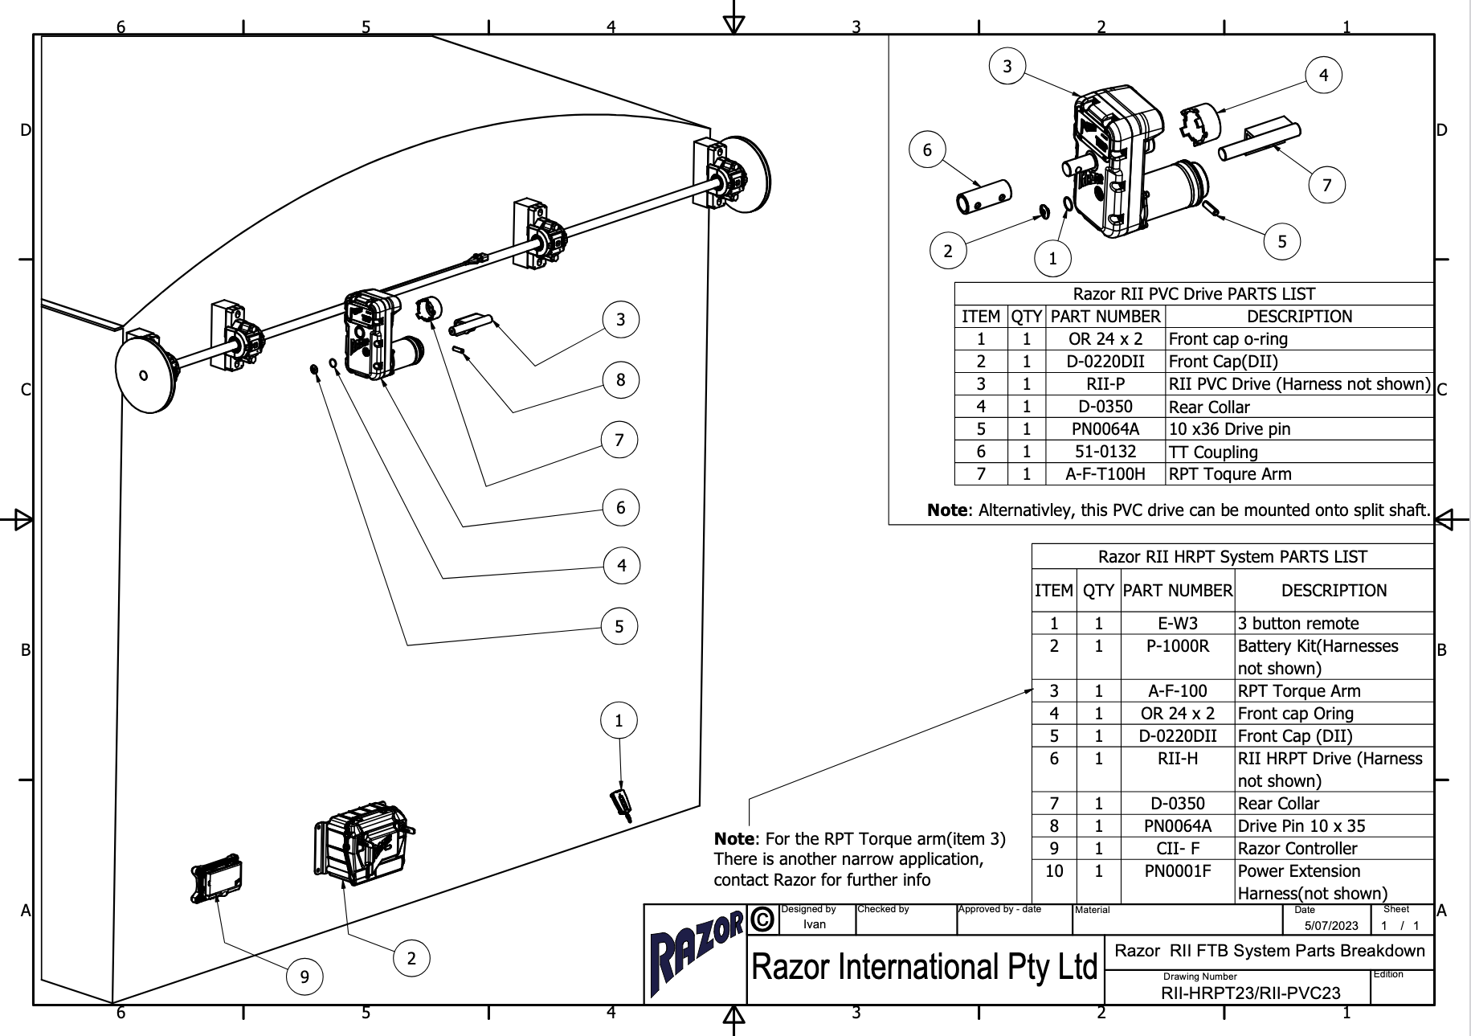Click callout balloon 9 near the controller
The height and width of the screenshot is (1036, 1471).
pyautogui.click(x=304, y=977)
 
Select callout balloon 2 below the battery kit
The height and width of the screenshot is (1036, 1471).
pyautogui.click(x=411, y=957)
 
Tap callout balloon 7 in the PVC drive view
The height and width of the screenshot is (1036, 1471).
pyautogui.click(x=1326, y=185)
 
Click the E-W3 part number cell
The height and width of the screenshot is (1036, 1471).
pyautogui.click(x=1177, y=623)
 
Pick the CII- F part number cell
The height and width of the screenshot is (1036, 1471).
pyautogui.click(x=1177, y=848)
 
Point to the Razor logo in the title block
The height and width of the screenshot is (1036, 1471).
pyautogui.click(x=696, y=954)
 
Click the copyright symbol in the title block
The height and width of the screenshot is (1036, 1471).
pyautogui.click(x=762, y=919)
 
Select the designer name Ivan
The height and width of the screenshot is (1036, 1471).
pyautogui.click(x=814, y=924)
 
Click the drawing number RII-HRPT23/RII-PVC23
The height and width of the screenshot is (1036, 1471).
pyautogui.click(x=1250, y=993)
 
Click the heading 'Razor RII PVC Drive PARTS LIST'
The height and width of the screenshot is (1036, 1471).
pyautogui.click(x=1194, y=294)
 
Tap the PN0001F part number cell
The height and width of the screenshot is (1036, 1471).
pyautogui.click(x=1177, y=870)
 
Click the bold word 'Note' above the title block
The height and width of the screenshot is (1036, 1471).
pyautogui.click(x=733, y=838)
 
